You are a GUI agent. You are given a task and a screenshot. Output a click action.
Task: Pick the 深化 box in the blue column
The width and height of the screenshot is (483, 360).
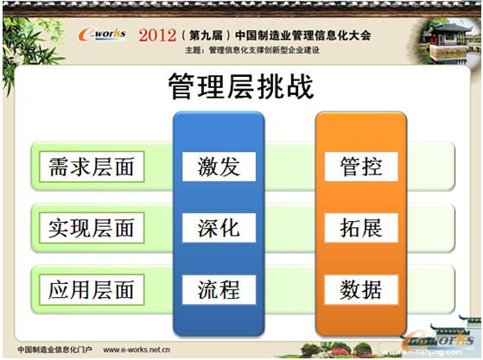[x=219, y=227]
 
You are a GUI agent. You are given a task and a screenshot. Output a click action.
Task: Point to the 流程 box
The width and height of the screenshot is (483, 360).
[x=219, y=289]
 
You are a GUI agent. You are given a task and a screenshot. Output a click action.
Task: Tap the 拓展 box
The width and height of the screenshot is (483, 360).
[x=360, y=227]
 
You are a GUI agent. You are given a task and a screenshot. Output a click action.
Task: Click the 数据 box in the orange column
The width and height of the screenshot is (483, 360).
[x=360, y=289]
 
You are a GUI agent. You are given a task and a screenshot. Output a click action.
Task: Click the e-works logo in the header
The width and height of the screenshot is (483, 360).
[x=102, y=34]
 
